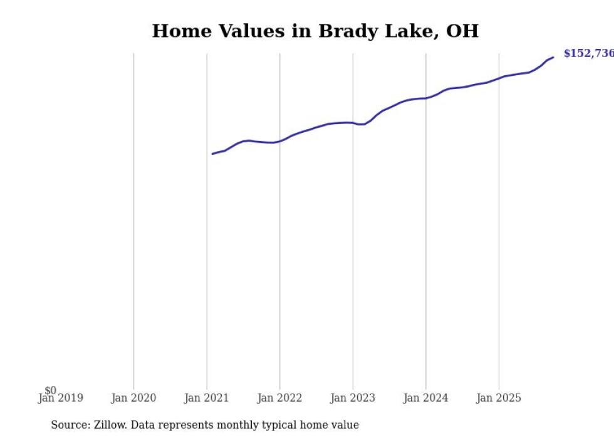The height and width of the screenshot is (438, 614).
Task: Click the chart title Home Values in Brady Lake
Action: click(315, 31)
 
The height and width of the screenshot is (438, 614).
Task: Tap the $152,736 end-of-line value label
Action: click(588, 54)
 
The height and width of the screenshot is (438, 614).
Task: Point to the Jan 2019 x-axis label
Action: click(61, 398)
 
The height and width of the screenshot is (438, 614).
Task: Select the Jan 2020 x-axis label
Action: click(133, 398)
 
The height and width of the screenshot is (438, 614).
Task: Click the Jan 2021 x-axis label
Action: click(207, 398)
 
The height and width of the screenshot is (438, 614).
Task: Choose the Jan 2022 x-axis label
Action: click(279, 398)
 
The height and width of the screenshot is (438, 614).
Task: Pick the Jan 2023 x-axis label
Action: click(353, 398)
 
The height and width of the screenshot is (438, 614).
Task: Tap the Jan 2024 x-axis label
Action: click(426, 398)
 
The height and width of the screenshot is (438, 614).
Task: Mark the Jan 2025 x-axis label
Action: click(499, 398)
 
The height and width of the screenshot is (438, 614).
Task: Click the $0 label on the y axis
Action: click(50, 390)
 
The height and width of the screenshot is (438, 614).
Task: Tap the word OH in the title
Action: click(462, 31)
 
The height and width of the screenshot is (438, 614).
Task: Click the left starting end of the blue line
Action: click(212, 154)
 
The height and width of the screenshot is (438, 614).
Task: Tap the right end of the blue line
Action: click(553, 58)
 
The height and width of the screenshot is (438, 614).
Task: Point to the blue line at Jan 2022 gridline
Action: click(279, 141)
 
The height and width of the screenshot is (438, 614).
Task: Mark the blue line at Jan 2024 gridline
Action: click(426, 98)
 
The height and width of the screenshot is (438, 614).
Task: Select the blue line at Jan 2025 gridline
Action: click(499, 78)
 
